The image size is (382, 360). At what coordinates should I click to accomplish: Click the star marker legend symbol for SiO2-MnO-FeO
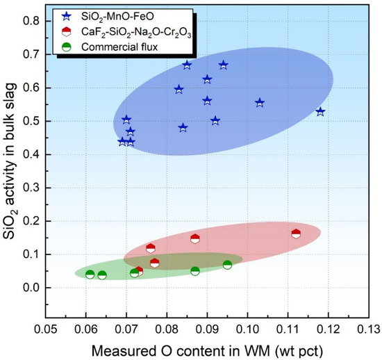click(x=66, y=13)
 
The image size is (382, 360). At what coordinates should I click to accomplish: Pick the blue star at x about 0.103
click(x=260, y=103)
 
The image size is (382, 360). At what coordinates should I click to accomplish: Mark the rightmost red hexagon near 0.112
click(x=296, y=234)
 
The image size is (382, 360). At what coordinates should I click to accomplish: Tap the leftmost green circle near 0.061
click(x=90, y=275)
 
